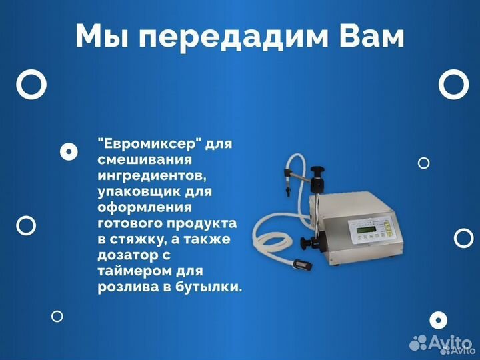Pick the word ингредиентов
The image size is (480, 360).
(x=148, y=176)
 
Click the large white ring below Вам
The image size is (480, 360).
(x=453, y=85)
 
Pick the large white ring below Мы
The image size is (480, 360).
(x=31, y=85)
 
